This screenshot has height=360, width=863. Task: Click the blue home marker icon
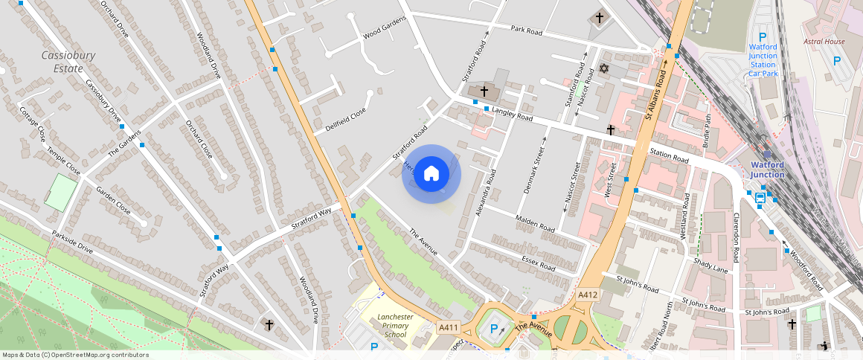pos(431,174)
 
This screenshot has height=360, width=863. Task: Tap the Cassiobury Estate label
pos(62,62)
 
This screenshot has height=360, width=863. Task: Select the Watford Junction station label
pos(767,170)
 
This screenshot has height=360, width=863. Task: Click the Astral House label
pos(824,42)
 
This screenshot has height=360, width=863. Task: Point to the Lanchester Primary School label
pos(396,325)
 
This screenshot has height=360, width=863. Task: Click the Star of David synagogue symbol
pos(603,69)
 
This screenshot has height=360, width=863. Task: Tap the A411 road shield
pos(448,327)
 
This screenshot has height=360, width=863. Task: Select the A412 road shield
pos(588,295)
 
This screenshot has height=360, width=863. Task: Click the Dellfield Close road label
pos(346,118)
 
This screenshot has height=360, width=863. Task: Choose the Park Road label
pos(527,30)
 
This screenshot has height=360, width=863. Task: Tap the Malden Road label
pos(536,222)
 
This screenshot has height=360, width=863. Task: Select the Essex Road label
pos(539,262)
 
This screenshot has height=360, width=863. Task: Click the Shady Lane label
pos(710,264)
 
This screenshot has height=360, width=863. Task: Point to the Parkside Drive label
pos(72,242)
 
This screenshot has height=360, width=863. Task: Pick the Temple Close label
pos(62,160)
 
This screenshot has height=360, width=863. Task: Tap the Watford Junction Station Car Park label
pos(763,60)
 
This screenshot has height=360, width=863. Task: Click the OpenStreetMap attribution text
pos(74,355)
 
